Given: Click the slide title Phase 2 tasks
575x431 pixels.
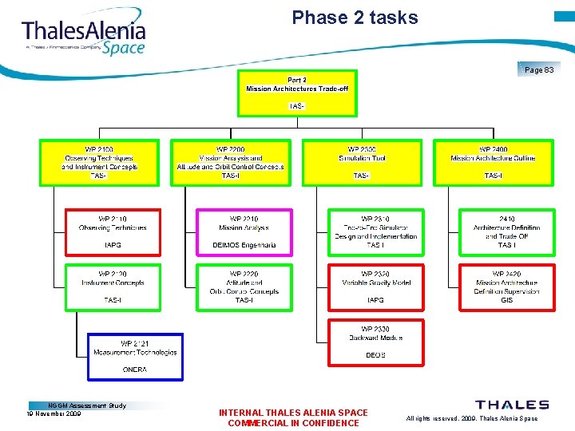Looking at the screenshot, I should pos(355,18).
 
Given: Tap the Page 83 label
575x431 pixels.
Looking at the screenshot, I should pos(539,69).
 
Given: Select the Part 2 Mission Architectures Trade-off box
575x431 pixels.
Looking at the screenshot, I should pos(297,93).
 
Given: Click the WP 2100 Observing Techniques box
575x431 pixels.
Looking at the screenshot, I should pos(100,163).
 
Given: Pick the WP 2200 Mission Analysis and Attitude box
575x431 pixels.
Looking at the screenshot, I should pos(231,163).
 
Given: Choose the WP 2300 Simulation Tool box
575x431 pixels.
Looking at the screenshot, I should pos(362,163).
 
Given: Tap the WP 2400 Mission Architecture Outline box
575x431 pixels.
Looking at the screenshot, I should pos(493,163).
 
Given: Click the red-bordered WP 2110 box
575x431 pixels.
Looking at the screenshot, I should pos(112,232).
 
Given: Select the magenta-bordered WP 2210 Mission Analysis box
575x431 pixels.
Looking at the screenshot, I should pos(244,232).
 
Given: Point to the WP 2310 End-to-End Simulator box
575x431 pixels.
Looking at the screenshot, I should pos(375,232).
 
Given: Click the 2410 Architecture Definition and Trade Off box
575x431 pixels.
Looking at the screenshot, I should pos(506,232).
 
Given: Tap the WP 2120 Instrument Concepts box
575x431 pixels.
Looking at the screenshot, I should pos(112,287).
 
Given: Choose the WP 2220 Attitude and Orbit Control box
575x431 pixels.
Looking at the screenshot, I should pos(244,287).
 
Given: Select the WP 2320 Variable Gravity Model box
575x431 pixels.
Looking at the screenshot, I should pos(375,287).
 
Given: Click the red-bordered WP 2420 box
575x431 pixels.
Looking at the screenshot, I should pos(506,287).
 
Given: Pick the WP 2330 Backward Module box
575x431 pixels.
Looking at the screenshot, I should pos(375,342).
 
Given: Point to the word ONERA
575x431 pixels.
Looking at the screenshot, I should pos(135,370).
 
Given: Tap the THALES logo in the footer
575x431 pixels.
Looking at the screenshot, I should pos(512,405).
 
